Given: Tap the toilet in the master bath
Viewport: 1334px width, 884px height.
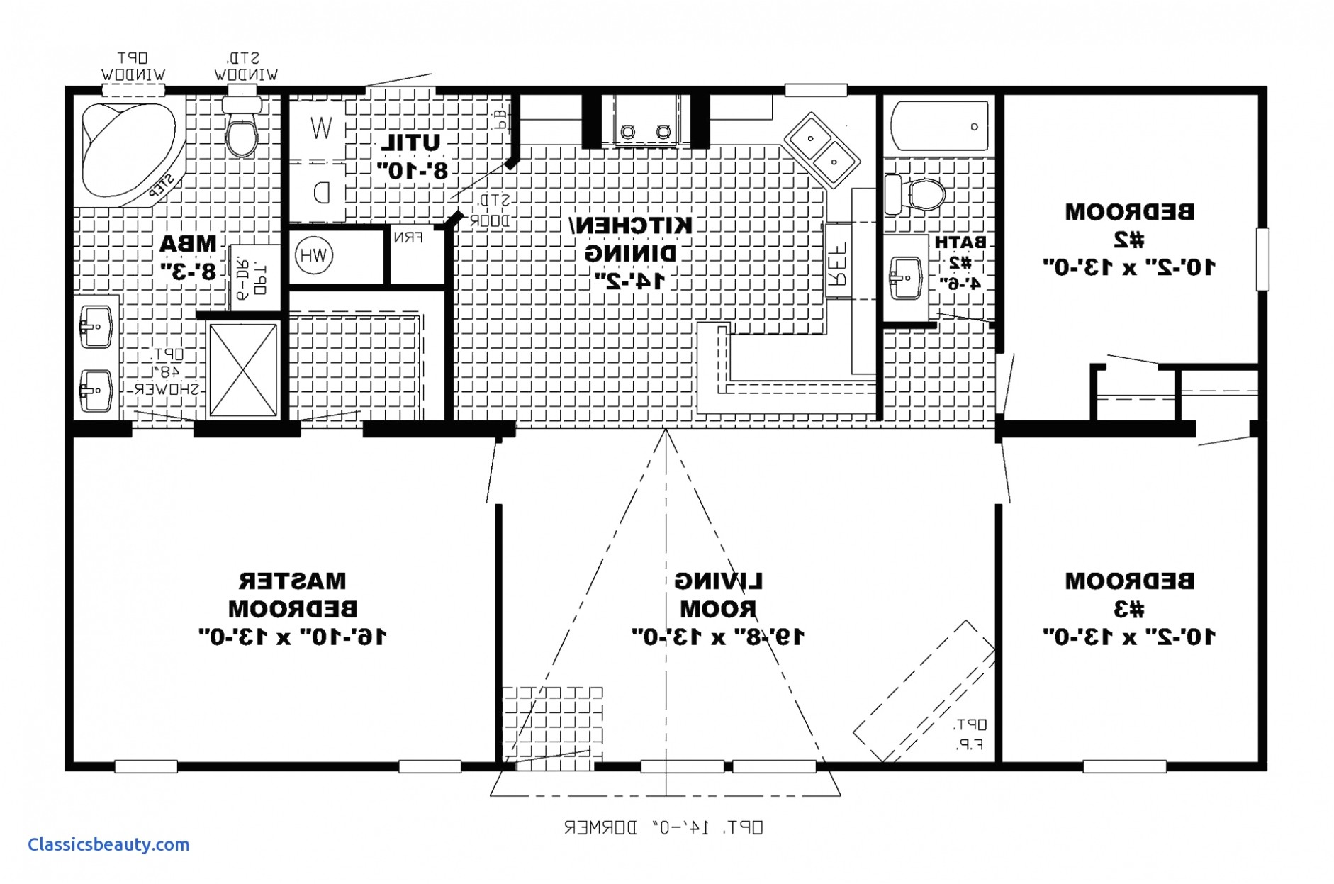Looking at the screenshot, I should tap(242, 130).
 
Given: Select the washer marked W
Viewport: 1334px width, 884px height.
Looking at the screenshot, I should tap(320, 128).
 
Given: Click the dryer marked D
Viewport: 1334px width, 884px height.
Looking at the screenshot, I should tap(321, 191).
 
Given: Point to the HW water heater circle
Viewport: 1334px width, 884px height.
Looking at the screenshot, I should tap(313, 255).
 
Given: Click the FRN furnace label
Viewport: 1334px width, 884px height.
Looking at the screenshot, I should tap(408, 237).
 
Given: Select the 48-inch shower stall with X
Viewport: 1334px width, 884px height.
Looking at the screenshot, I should tap(243, 370).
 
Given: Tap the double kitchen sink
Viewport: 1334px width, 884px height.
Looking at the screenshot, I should tap(822, 150).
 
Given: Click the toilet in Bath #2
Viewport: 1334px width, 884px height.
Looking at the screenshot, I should tap(919, 194).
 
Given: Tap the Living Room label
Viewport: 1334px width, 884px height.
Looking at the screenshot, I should tap(718, 595).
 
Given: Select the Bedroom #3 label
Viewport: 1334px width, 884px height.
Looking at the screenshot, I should tap(1129, 595).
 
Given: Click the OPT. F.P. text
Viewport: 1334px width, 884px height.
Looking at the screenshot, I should tap(969, 734).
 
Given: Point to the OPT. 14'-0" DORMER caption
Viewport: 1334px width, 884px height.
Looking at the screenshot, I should tap(663, 827).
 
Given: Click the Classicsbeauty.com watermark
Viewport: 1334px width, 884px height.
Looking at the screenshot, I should tap(108, 845).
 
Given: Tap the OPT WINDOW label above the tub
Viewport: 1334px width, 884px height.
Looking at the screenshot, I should tap(133, 66).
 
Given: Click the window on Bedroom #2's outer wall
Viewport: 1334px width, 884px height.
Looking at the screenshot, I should tap(1262, 259).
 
